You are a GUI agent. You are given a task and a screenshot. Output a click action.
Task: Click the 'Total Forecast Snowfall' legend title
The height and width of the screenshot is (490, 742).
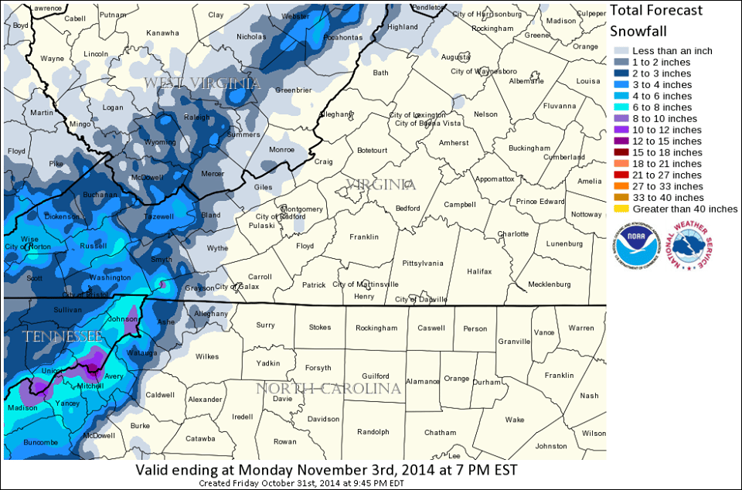(656, 21)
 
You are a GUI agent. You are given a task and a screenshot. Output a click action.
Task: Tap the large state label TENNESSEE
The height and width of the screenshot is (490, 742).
(63, 337)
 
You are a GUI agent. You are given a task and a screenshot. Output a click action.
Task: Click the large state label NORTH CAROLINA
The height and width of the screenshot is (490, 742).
(328, 388)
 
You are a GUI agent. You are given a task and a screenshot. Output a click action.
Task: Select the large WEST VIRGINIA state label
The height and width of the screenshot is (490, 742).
(203, 83)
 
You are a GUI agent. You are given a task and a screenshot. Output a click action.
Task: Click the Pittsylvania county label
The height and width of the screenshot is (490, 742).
(422, 264)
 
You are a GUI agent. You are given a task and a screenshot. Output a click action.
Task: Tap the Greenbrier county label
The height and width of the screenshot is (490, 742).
(293, 90)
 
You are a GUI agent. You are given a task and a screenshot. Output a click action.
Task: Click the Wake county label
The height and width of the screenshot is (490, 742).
(514, 420)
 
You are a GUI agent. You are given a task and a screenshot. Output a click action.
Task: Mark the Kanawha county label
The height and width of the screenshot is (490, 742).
(162, 33)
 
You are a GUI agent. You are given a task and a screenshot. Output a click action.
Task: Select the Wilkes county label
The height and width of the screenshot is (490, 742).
(207, 356)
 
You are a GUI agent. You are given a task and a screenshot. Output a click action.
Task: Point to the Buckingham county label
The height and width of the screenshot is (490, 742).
(529, 148)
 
